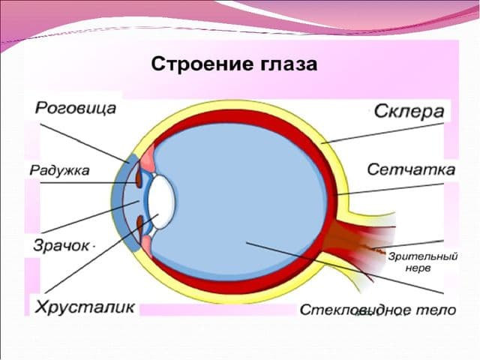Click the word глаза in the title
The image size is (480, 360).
point(289,65)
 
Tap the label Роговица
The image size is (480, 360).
point(76,108)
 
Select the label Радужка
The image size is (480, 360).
point(59,170)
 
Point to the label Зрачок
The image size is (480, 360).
point(61,246)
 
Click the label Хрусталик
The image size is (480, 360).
point(85,307)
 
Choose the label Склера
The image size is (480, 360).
point(409,112)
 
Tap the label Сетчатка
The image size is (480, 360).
point(411,169)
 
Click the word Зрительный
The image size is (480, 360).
point(423,256)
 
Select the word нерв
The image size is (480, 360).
point(418,268)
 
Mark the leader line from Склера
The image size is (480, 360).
point(384,133)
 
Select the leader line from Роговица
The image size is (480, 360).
point(85,143)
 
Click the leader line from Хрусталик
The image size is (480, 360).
point(101,253)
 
